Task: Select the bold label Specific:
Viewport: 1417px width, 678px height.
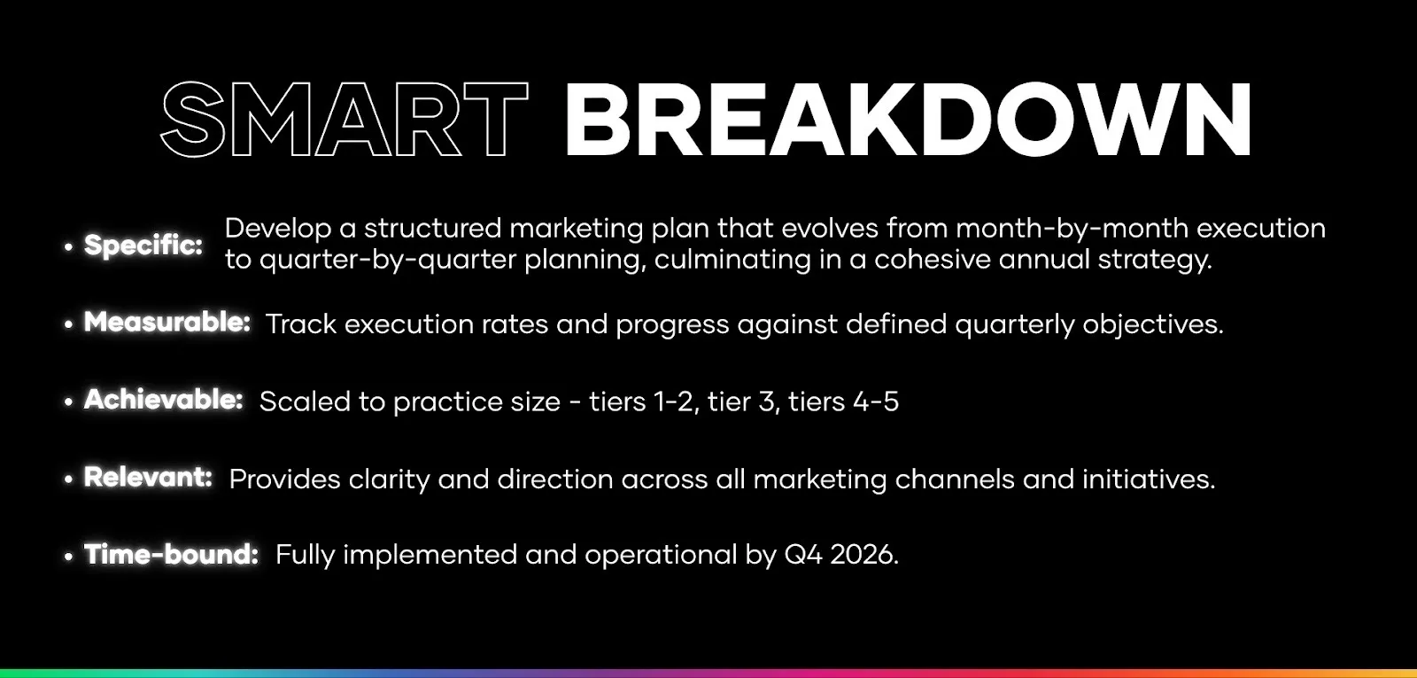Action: coord(143,245)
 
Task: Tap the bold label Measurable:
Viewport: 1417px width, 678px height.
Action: coord(167,322)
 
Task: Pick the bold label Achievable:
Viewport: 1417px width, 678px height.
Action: coord(164,400)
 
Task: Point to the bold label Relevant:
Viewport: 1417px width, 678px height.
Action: coord(148,478)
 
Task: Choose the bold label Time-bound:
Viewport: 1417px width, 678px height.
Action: coord(172,555)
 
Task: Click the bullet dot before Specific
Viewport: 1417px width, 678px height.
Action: coord(68,247)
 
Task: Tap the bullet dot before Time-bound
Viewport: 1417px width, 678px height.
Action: coord(68,557)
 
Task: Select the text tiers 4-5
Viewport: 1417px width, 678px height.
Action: coord(843,401)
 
